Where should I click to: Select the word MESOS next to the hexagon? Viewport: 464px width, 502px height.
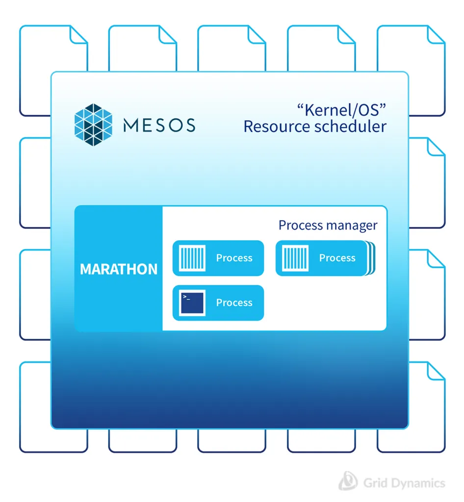[x=159, y=125]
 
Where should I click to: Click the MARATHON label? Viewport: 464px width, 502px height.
[x=118, y=269]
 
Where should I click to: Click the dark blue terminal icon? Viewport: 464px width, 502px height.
[x=192, y=303]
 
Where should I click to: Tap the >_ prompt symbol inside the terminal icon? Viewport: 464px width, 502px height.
[x=186, y=297]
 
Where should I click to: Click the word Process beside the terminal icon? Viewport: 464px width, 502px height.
[x=234, y=303]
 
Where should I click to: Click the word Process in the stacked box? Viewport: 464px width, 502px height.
[x=337, y=258]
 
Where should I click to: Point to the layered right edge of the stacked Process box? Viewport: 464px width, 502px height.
[x=370, y=258]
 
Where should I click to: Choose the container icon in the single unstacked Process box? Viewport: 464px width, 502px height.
[x=192, y=258]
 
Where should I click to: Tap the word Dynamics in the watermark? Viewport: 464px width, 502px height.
[x=416, y=483]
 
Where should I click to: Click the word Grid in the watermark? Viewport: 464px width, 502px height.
[x=374, y=483]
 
